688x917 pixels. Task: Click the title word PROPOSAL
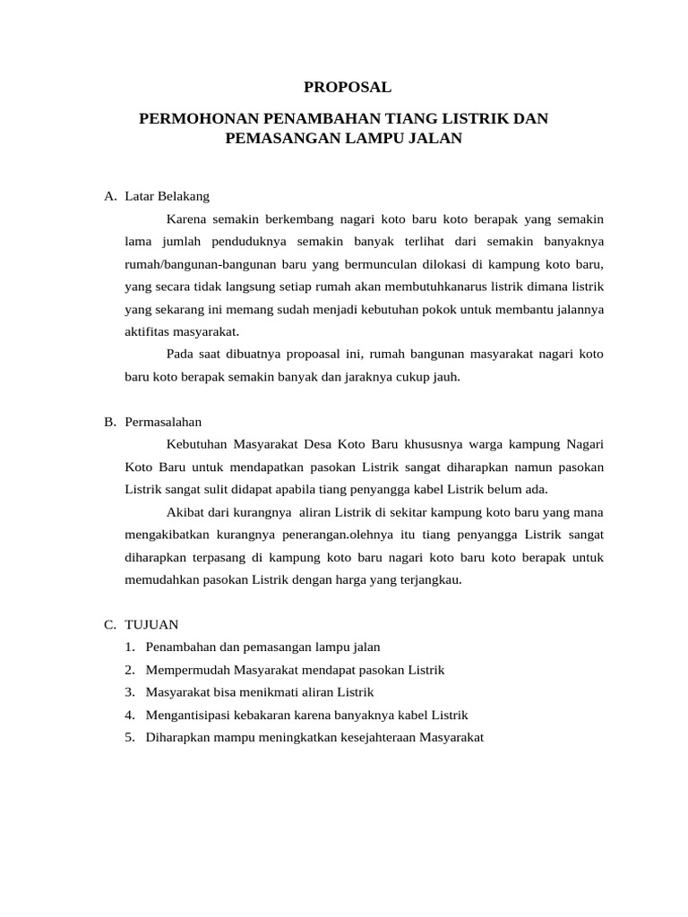(x=348, y=87)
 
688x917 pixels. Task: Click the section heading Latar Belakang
(x=168, y=195)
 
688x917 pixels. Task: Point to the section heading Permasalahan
(x=164, y=421)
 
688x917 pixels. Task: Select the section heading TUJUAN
(x=152, y=624)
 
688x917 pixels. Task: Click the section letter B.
(x=109, y=421)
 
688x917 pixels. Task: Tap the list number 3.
(x=130, y=692)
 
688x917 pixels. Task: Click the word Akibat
(x=185, y=512)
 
